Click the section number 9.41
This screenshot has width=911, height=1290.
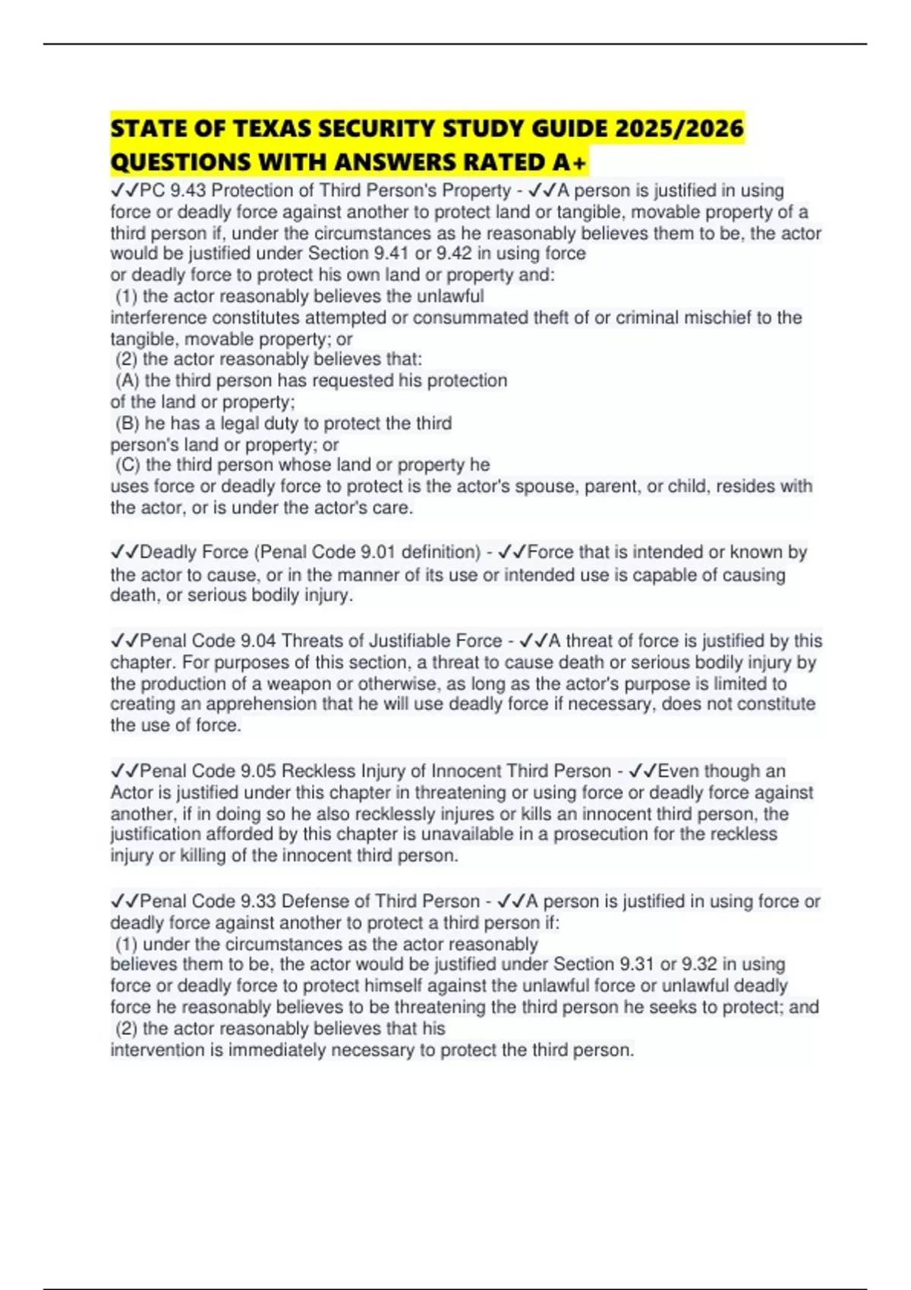(392, 253)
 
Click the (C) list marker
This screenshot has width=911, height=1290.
(128, 464)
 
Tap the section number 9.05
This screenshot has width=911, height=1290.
(258, 771)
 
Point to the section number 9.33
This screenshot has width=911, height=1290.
(258, 901)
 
